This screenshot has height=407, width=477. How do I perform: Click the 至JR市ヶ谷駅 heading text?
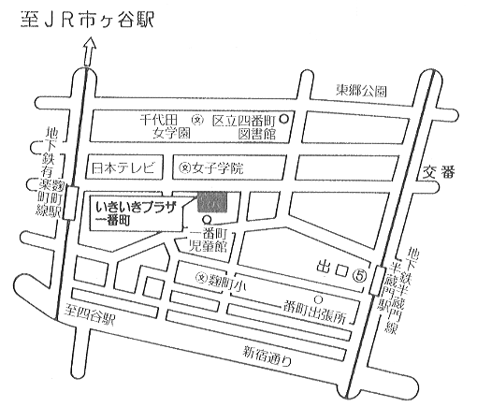coord(88,20)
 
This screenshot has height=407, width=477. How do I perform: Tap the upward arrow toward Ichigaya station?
coord(90,51)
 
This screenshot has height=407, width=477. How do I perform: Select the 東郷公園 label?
coord(361,91)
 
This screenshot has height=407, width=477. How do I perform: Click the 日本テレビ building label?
coord(123,168)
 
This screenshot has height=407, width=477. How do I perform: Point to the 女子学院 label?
coord(218,168)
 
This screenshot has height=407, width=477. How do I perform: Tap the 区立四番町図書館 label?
coord(244,127)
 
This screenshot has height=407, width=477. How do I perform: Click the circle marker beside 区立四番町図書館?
coord(283,119)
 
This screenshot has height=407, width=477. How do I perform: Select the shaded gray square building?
coord(212,202)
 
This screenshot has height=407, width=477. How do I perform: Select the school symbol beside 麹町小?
coord(202,276)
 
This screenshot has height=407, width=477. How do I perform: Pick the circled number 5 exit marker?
coord(359,275)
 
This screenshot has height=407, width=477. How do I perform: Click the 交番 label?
coord(439,172)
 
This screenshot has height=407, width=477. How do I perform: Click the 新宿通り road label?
coord(267,356)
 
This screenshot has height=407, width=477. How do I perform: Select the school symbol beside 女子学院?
coord(185,168)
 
